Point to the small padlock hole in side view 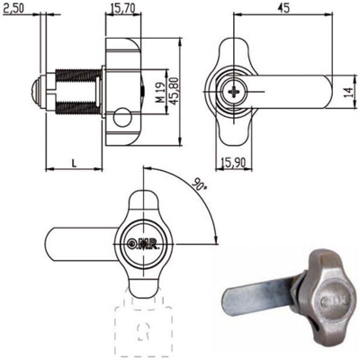(121, 113)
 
